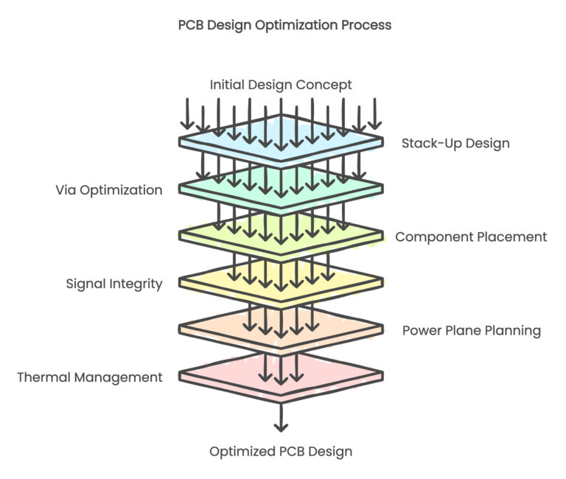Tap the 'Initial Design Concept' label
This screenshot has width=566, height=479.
[x=281, y=85]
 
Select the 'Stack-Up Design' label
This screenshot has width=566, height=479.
[x=455, y=143]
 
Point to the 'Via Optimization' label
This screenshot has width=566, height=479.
[x=109, y=190]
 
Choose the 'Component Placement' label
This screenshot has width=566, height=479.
[x=471, y=237]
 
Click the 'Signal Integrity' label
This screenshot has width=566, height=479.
[x=114, y=284]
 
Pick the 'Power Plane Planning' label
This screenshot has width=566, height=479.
[x=472, y=330]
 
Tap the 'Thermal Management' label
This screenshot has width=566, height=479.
[x=90, y=377]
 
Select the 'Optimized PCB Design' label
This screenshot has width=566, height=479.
[x=281, y=451]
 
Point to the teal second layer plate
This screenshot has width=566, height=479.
[x=214, y=184]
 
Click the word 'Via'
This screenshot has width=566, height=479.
[x=66, y=190]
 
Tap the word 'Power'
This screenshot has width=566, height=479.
[x=422, y=330]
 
